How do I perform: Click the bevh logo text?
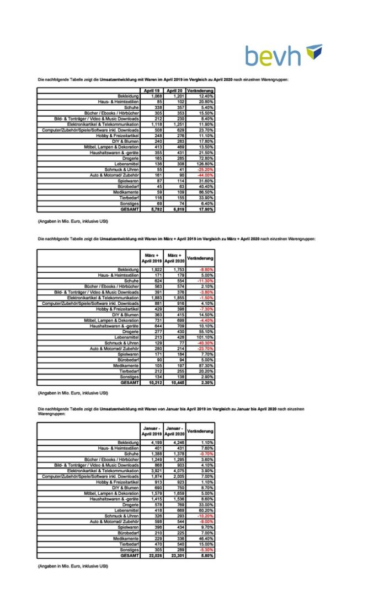point(274,56)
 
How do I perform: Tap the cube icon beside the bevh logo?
point(313,52)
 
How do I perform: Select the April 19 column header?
point(151,90)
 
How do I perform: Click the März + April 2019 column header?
point(151,258)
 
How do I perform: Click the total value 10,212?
point(151,382)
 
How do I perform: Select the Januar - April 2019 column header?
point(151,430)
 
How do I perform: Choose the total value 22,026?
point(151,555)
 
